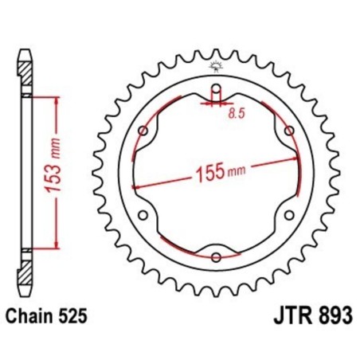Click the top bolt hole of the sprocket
pyautogui.click(x=216, y=88)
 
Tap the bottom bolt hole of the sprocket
pyautogui.click(x=216, y=256)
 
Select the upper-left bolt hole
pyautogui.click(x=143, y=131)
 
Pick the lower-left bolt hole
pyautogui.click(x=143, y=215)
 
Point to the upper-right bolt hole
pyautogui.click(x=289, y=131)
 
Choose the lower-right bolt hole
pyautogui.click(x=289, y=215)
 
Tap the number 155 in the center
pyautogui.click(x=204, y=172)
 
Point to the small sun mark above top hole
pyautogui.click(x=216, y=66)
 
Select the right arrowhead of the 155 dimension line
pyautogui.click(x=295, y=159)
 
